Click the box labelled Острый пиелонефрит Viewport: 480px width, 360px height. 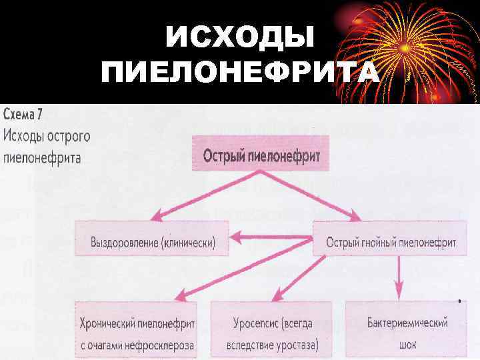coord(261,156)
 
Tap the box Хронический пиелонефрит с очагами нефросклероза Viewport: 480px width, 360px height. coord(137,333)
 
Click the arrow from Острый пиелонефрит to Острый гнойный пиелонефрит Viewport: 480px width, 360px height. coord(313,196)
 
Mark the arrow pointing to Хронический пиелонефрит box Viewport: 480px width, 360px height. coord(240,273)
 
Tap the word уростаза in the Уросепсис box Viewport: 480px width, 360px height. coord(297,344)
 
